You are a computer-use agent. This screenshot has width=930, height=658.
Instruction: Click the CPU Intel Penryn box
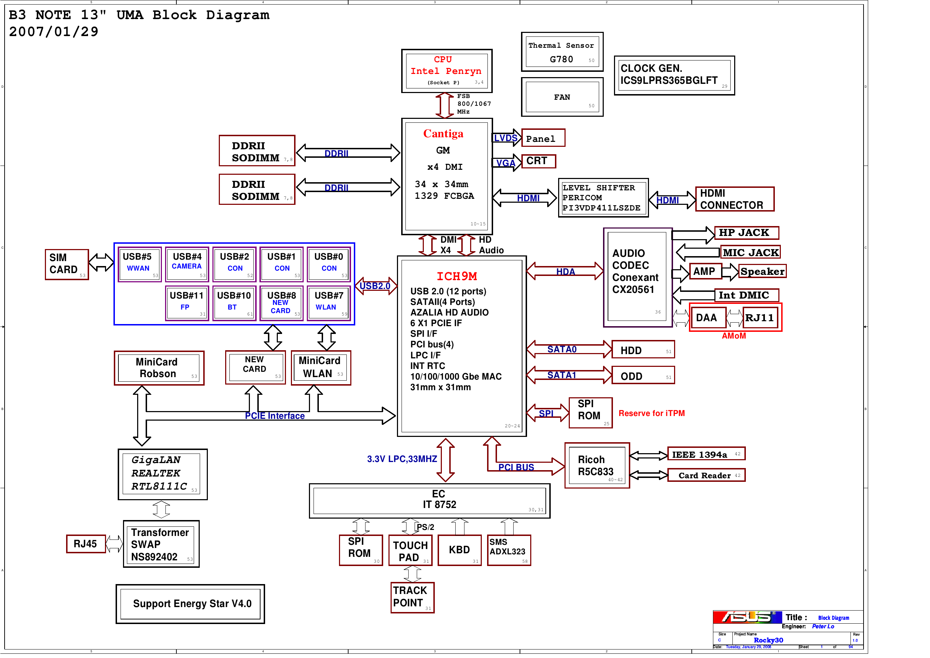(446, 71)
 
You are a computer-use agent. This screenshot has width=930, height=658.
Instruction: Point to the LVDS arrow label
(505, 138)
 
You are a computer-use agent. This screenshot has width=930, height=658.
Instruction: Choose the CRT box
(538, 161)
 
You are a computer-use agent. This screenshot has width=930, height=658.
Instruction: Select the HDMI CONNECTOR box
(735, 199)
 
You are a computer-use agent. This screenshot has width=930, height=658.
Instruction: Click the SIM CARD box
(67, 264)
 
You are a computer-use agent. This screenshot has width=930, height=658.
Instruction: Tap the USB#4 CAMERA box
(187, 264)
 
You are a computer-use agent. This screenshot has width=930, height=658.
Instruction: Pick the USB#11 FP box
(187, 303)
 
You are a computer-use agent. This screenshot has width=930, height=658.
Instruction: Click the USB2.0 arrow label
(375, 286)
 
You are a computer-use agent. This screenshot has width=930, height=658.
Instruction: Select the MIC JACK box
(750, 252)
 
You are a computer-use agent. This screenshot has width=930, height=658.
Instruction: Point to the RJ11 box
(760, 317)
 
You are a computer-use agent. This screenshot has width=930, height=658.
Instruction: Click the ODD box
(642, 376)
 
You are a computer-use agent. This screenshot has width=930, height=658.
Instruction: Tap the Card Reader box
(706, 475)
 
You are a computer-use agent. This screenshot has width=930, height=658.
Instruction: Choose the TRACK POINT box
(412, 597)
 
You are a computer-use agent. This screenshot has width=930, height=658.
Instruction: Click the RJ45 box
(86, 544)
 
